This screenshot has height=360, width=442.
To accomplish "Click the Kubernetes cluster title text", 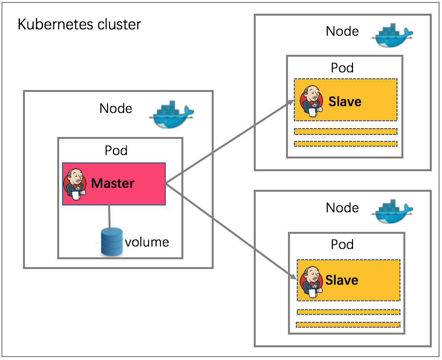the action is [x=79, y=24].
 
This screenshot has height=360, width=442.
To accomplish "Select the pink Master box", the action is [x=114, y=184].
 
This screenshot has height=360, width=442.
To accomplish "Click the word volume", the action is [x=147, y=242].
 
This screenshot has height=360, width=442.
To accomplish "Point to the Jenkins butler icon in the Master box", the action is [x=75, y=184].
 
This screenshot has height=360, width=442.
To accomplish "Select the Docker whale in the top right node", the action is [x=392, y=35].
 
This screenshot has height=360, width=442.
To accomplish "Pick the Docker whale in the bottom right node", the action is [x=392, y=211].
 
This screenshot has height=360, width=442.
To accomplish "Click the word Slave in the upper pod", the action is [x=345, y=101].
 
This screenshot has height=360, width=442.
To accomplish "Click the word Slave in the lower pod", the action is [x=342, y=280].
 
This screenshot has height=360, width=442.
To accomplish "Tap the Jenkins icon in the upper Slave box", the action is [x=311, y=101].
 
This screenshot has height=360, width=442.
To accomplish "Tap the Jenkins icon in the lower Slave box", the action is [x=311, y=282].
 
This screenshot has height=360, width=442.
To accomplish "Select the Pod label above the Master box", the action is [x=116, y=150].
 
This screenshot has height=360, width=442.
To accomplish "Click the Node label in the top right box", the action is [x=342, y=31].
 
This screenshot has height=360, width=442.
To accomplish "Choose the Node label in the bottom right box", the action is [x=342, y=208].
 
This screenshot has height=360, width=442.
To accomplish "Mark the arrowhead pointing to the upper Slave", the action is [x=291, y=103].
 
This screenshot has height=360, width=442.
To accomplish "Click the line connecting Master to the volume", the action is [x=110, y=217].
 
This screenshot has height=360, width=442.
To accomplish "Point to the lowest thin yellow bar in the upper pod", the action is [x=346, y=144].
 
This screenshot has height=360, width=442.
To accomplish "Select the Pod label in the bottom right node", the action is [x=342, y=244].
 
